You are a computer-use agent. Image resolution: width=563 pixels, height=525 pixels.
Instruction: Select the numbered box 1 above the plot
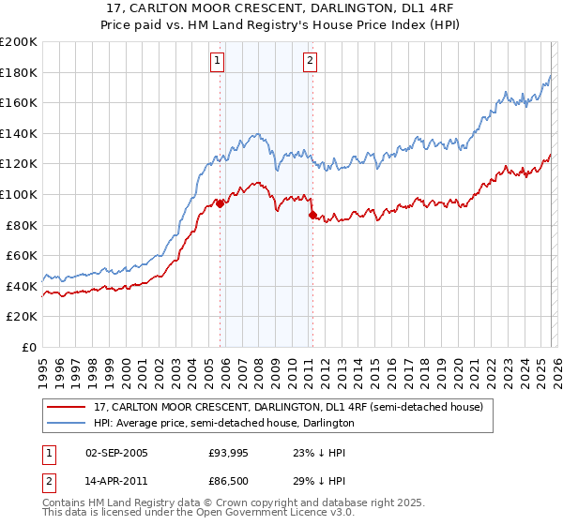click(x=218, y=62)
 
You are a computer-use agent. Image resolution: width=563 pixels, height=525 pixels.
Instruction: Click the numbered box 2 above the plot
click(x=310, y=62)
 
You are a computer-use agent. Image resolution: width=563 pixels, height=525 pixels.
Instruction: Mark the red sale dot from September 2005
click(x=220, y=203)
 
